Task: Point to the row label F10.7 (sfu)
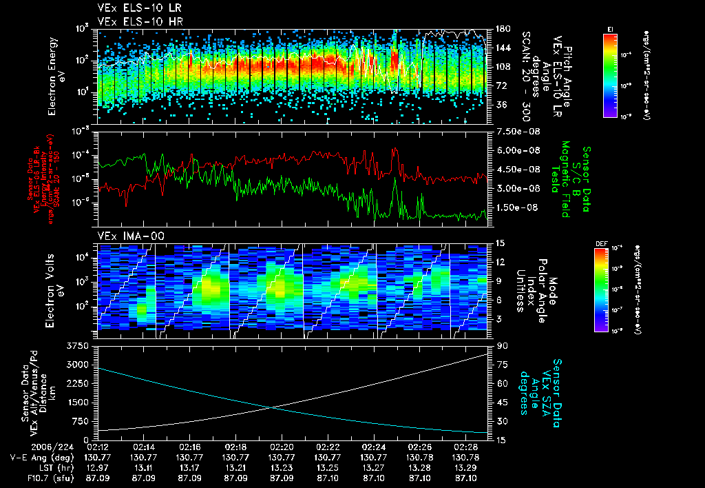click(28, 477)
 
